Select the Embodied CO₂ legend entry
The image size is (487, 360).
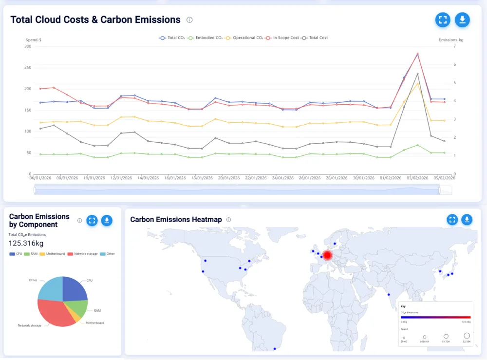[206, 38]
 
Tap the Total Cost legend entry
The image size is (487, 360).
[315, 38]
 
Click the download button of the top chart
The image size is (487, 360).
[462, 20]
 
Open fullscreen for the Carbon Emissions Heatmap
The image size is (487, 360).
[452, 220]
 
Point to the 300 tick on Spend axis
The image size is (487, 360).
[27, 46]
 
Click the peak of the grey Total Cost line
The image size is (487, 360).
[417, 74]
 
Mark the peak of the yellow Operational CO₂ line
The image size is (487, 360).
[417, 83]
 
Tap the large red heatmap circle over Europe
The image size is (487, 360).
[328, 255]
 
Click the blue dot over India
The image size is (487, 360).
[389, 294]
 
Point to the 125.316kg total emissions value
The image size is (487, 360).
[26, 243]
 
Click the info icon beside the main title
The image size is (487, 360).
[189, 20]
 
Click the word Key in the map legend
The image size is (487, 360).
[403, 306]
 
